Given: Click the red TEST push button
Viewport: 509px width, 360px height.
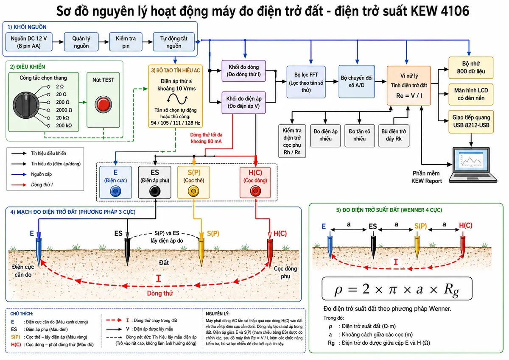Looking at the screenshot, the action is [x=103, y=104].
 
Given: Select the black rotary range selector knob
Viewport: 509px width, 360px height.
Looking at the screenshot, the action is [x=26, y=105].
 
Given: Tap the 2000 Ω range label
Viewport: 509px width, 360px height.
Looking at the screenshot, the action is [x=64, y=110].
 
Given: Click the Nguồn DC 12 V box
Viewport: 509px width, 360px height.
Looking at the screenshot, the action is [x=29, y=42].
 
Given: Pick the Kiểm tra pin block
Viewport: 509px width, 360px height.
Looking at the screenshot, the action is [x=126, y=42].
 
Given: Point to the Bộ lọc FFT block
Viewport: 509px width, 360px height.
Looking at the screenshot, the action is [x=306, y=82].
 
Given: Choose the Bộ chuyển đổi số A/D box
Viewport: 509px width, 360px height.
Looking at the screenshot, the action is [x=357, y=81].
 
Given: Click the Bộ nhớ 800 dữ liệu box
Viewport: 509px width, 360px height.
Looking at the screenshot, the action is [x=471, y=68].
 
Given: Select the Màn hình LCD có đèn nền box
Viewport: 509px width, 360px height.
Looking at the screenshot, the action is [x=471, y=94].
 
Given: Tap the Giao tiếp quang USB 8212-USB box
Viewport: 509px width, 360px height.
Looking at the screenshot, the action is [x=471, y=122].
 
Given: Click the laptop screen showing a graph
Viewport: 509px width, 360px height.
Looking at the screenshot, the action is [x=471, y=161].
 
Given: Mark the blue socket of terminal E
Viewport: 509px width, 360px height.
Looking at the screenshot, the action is [x=115, y=191].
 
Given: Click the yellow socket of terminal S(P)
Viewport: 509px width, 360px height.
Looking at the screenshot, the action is [x=193, y=191].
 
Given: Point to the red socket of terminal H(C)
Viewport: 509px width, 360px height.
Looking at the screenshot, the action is [x=255, y=191].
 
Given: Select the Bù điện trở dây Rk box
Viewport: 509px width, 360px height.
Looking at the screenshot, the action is [x=394, y=136].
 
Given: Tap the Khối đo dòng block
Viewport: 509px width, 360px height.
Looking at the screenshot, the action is [x=243, y=71].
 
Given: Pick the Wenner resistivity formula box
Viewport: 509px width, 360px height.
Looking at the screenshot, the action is [x=397, y=288].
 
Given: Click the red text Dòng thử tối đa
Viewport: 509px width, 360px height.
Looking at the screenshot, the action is [x=206, y=135].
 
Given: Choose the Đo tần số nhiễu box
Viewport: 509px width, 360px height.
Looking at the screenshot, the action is [x=360, y=136].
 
